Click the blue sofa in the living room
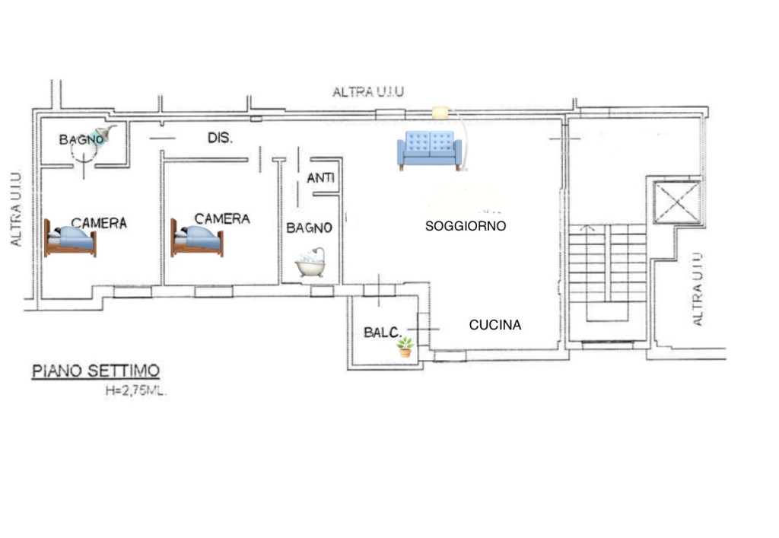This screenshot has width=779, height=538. click(x=429, y=149)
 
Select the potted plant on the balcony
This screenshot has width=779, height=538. click(x=405, y=347)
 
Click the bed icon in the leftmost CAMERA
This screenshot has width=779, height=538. click(x=70, y=238)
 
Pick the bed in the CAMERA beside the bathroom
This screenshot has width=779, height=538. click(x=196, y=238)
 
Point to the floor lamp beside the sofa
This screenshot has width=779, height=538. click(x=456, y=137)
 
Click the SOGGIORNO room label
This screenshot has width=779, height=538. click(x=466, y=226)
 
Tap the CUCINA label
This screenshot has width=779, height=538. click(x=494, y=325)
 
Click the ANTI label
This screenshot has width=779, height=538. click(x=321, y=179)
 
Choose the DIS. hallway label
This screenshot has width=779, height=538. click(x=220, y=138)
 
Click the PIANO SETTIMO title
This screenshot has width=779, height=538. click(x=96, y=371)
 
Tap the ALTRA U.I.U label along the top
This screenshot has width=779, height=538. click(x=368, y=92)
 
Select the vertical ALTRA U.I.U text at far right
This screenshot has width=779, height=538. click(x=698, y=288)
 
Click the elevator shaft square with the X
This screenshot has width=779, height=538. click(x=676, y=202)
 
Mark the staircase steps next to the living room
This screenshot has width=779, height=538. click(x=607, y=263)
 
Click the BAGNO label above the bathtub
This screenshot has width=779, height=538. click(x=309, y=228)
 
